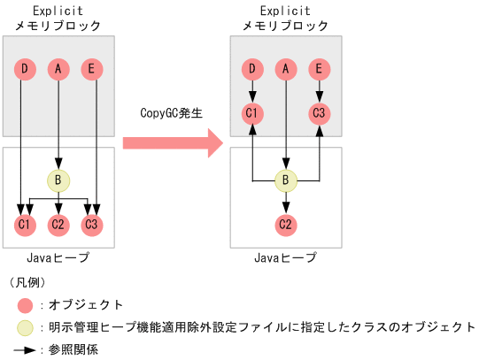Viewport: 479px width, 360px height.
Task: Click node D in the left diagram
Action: tap(25, 68)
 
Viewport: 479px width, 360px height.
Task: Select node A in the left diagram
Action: tap(58, 68)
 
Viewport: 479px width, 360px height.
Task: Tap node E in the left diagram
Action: tap(91, 68)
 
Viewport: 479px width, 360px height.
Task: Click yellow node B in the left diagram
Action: tap(58, 180)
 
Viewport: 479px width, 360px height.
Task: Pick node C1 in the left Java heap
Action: tap(25, 225)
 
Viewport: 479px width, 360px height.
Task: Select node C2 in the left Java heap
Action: tap(58, 225)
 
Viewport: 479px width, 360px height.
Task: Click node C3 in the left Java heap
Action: tap(91, 225)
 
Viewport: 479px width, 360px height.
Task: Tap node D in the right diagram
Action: tap(253, 68)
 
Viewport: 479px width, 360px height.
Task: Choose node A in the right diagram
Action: tap(286, 68)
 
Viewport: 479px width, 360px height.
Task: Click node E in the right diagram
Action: tap(320, 68)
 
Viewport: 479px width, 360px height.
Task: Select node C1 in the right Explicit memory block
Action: tap(253, 113)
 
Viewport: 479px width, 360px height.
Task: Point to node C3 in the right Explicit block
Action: tap(320, 113)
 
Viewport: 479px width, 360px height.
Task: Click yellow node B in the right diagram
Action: tap(286, 180)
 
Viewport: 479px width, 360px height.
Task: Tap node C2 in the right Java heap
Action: tap(286, 225)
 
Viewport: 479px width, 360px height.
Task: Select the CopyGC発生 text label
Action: tap(171, 114)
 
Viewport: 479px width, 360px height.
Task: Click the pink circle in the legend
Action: tap(25, 305)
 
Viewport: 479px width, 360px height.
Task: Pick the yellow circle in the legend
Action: tap(25, 327)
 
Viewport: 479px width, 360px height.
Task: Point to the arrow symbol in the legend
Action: tap(26, 349)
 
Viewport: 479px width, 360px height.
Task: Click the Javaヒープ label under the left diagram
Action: tap(58, 257)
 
